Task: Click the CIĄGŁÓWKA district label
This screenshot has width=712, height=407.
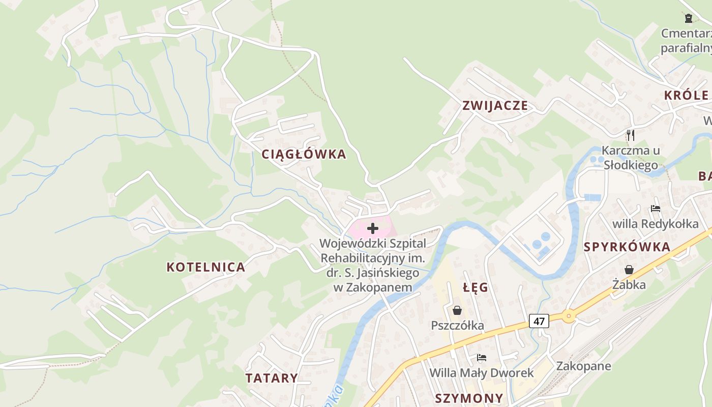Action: [304, 154]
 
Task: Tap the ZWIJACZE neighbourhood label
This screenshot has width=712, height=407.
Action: [495, 106]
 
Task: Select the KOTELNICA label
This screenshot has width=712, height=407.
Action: [206, 267]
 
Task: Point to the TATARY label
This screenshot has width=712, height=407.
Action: [272, 378]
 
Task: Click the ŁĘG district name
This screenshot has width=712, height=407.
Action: [476, 287]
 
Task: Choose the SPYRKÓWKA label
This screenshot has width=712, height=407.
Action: [627, 247]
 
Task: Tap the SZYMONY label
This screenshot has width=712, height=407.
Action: [469, 398]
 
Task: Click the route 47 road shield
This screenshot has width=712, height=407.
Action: [539, 321]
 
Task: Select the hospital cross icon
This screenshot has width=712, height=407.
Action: [373, 228]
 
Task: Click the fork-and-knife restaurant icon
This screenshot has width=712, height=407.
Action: [631, 135]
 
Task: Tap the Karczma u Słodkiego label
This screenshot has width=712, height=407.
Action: [631, 158]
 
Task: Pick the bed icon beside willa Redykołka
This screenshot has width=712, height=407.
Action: [655, 209]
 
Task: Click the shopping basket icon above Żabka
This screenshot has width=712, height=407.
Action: [629, 270]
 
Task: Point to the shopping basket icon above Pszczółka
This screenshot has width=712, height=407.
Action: [457, 310]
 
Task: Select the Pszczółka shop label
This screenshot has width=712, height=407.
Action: [457, 326]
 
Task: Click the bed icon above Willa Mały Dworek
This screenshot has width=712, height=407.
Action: [481, 358]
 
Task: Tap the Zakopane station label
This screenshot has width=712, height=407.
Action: [583, 366]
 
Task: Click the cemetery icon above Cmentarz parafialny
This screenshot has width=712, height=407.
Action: [689, 18]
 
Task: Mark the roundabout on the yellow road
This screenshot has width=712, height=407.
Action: [569, 316]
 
